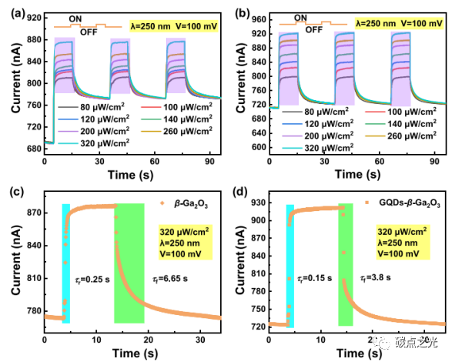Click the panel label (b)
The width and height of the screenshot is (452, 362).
[241, 11]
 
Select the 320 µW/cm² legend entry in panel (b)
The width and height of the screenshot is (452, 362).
[323, 146]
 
